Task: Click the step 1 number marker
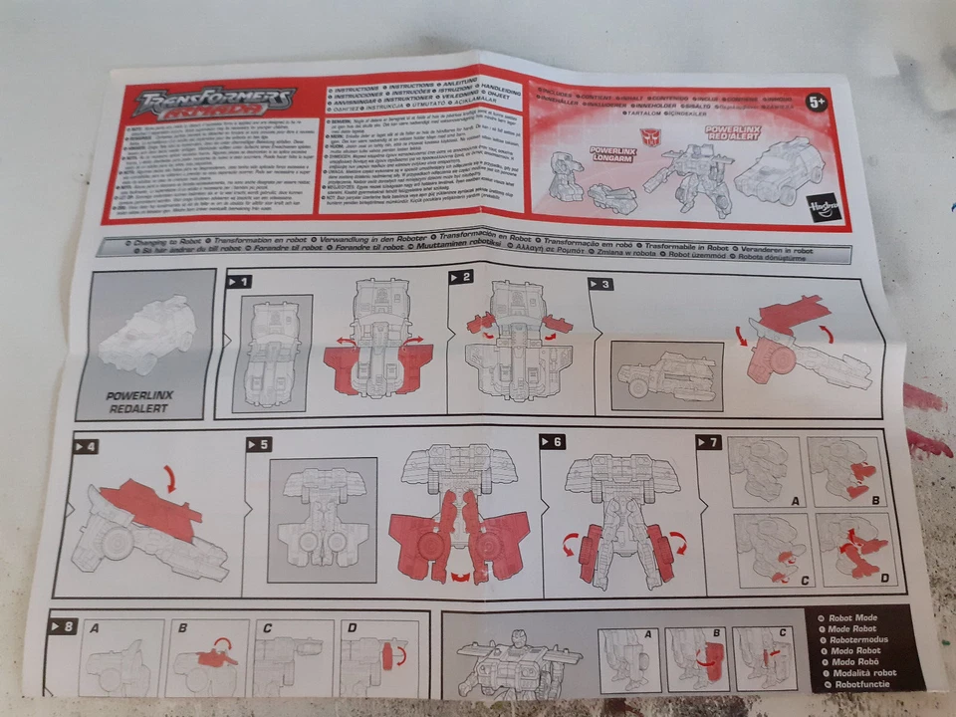pos(239,282)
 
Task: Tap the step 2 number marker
pos(460,278)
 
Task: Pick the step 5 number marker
pos(258,445)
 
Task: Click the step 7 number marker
pos(708,441)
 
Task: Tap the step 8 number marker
pos(62,626)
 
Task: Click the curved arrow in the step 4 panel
pos(172,480)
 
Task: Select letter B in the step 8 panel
pos(182,629)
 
